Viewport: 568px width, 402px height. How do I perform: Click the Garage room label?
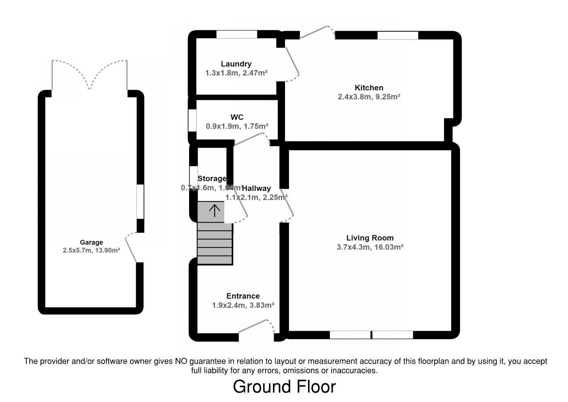coord(91,242)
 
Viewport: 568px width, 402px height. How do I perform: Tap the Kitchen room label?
coord(369,88)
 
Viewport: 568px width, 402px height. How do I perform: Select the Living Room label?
coord(370,238)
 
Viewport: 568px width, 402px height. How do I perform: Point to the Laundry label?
coord(236,64)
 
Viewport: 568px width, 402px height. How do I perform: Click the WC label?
coord(237,117)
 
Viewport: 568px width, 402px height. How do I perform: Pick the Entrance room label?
coord(243,296)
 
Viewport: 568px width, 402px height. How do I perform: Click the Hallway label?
coord(256,188)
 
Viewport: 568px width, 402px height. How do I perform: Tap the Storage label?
coord(212,178)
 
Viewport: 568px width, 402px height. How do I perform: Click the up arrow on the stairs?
coord(214,211)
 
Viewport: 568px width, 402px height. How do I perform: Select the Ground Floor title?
coord(284,387)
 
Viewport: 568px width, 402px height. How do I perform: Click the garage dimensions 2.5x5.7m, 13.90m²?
coord(91,250)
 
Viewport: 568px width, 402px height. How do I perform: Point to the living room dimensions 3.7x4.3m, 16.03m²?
coord(370,247)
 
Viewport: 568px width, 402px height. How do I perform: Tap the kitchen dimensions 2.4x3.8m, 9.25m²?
coord(369,97)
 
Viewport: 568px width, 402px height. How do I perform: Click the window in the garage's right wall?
coord(140,201)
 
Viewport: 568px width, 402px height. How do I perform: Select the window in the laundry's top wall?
coord(237,34)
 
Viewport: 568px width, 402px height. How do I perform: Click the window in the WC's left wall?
coord(192,120)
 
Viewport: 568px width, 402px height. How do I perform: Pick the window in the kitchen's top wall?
coord(398,36)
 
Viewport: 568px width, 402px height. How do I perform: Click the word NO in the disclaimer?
coord(181,361)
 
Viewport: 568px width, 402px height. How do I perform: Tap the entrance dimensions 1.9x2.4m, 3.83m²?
coord(243,305)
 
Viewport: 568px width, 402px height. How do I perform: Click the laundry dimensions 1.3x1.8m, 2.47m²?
coord(236,73)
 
